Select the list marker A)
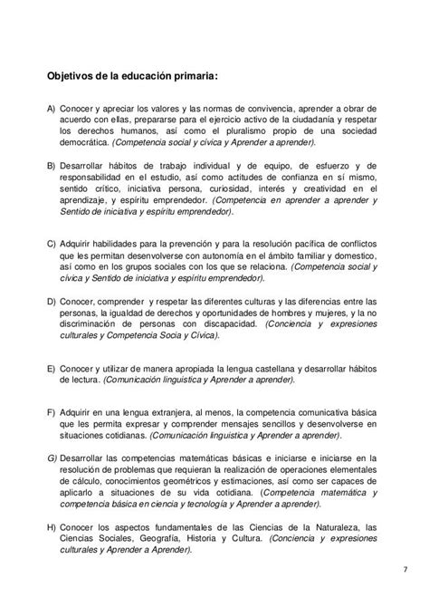pos(51,107)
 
